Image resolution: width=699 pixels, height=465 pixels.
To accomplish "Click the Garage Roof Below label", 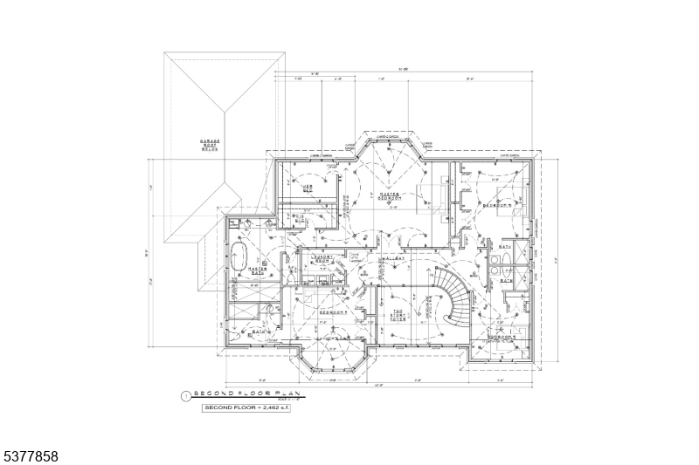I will click(210, 144).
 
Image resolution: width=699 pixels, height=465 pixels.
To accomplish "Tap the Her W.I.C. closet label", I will click(308, 188).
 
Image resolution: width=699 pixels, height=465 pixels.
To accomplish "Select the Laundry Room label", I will click(323, 259).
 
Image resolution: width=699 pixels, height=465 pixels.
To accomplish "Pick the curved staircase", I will click(454, 297).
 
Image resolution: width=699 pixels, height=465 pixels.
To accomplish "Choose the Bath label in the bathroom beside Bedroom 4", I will click(260, 332).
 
